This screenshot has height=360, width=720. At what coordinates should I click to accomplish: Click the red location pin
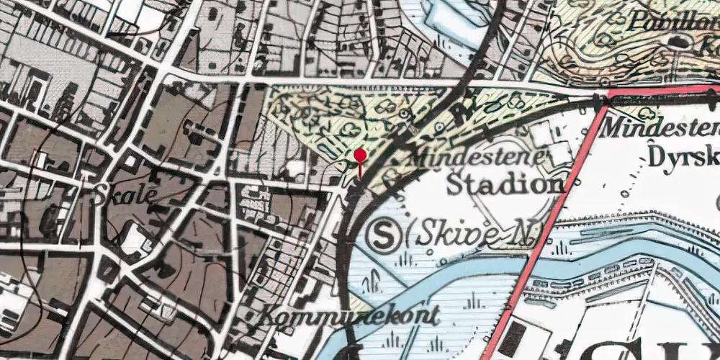360,156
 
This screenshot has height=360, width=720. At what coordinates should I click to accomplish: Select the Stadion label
504,185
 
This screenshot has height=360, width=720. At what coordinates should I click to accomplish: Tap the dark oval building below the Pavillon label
679,42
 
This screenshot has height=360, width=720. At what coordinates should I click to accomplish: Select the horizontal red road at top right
662,92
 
